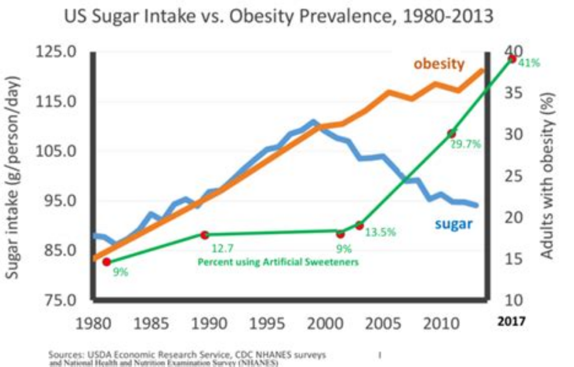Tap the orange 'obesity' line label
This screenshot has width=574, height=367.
[439, 64]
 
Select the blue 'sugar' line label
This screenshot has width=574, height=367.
[454, 224]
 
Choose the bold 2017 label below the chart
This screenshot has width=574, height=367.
[512, 321]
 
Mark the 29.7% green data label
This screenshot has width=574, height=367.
[466, 145]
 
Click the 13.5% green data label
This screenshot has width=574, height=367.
[380, 232]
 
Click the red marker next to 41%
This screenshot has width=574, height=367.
[512, 58]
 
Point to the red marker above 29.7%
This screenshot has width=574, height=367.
[452, 134]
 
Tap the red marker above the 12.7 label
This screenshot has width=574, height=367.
[205, 235]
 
